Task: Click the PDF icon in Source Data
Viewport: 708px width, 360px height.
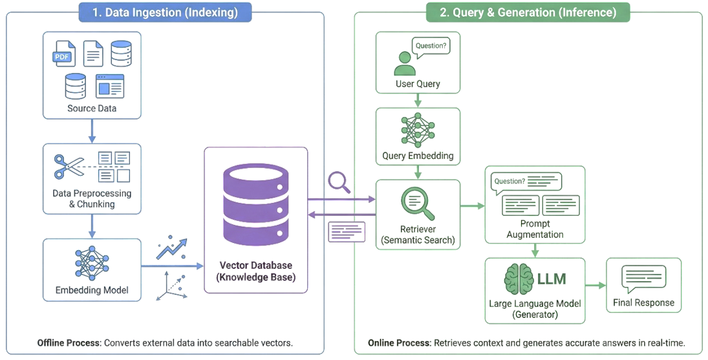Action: tap(64, 54)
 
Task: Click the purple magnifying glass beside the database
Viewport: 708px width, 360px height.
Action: tap(339, 183)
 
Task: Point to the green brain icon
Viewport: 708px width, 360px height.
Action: tap(519, 279)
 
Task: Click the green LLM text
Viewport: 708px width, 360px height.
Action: tap(552, 279)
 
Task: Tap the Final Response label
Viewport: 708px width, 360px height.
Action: tap(643, 302)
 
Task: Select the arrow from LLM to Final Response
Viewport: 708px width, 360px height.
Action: tap(595, 285)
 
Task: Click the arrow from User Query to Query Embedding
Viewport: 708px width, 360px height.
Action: tap(418, 100)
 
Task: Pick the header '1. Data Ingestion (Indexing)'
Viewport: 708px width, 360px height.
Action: tap(165, 12)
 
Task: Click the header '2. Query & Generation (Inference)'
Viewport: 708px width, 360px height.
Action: tap(528, 12)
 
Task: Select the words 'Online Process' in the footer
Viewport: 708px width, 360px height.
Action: tap(398, 343)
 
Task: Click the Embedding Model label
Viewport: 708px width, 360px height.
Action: tap(91, 290)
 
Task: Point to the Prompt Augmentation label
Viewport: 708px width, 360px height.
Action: tap(535, 229)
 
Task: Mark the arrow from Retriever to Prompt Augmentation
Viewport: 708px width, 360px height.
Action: tap(472, 206)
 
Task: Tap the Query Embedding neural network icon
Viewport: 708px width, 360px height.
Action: tap(418, 131)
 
